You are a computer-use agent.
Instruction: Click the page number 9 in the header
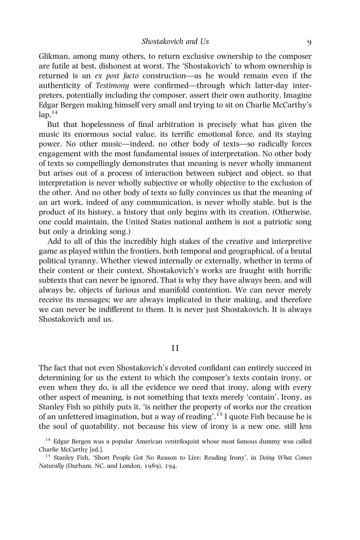(x=309, y=42)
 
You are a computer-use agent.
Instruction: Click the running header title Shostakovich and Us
(x=175, y=42)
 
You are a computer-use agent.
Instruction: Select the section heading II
(x=175, y=348)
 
